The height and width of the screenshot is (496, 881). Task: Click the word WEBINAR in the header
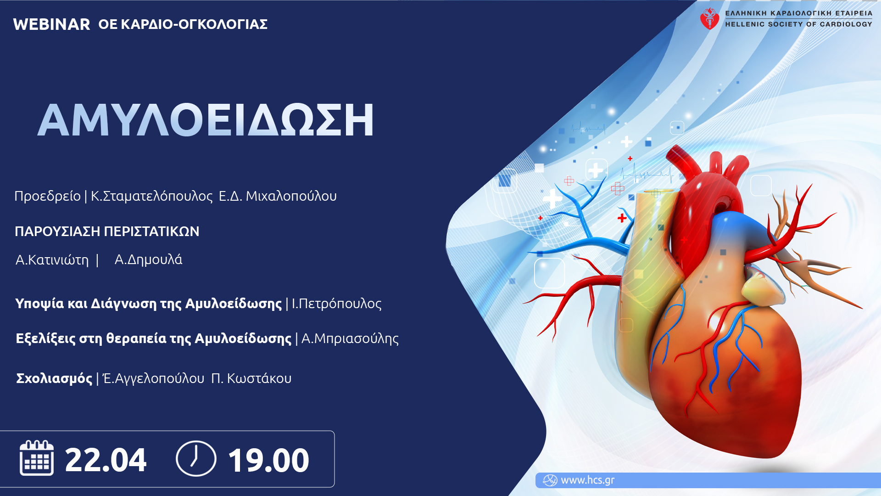tap(51, 24)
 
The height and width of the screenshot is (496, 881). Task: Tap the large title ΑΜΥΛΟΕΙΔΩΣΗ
tap(206, 120)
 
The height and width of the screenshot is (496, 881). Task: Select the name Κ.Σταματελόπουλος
tap(152, 196)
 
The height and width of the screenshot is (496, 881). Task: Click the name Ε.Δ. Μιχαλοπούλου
tap(278, 196)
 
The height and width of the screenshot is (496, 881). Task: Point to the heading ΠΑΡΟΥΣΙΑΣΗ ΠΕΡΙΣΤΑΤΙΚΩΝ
tap(107, 231)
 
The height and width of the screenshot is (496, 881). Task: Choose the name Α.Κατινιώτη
tap(52, 260)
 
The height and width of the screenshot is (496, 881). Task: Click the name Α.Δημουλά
tap(148, 259)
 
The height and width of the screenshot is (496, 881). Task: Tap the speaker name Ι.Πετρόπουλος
tap(337, 304)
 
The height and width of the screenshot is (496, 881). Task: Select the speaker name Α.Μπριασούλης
tap(350, 338)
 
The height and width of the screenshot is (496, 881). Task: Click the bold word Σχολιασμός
tap(54, 378)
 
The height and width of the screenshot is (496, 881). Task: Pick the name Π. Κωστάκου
tap(251, 378)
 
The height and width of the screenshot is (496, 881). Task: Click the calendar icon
tap(37, 458)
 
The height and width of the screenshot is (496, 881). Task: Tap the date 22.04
tap(106, 460)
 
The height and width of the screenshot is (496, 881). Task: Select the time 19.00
tap(268, 460)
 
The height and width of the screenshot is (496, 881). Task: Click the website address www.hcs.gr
tap(587, 480)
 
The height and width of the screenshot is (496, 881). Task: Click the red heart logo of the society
tap(709, 19)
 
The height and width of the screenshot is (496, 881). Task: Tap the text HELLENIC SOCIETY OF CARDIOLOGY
tap(798, 24)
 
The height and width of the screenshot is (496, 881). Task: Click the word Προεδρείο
tap(47, 196)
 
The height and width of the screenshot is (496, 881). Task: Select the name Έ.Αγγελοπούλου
tap(154, 378)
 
